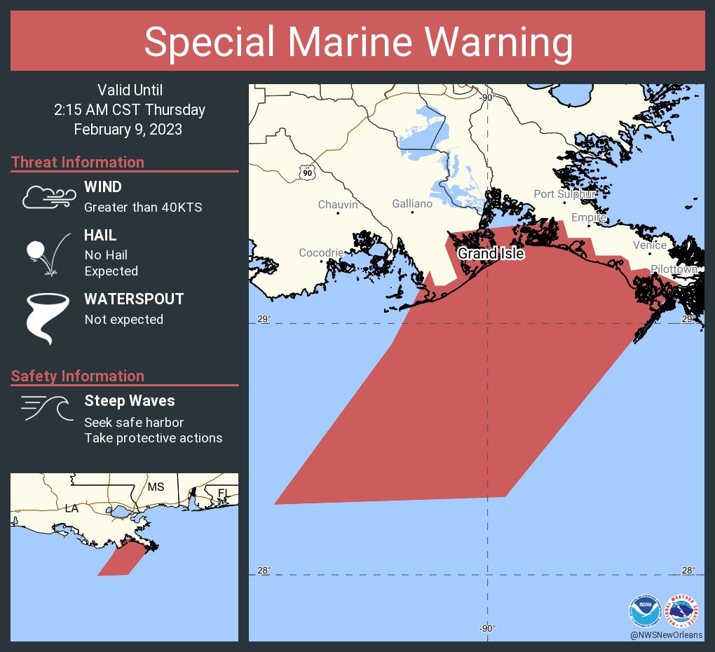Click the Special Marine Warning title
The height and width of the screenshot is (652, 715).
tap(357, 42)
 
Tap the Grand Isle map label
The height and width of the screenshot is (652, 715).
tap(491, 254)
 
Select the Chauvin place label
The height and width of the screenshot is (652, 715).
tap(338, 205)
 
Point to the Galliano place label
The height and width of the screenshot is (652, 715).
tap(412, 204)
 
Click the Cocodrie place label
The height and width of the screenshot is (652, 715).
tap(321, 252)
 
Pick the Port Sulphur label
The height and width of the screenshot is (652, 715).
tap(564, 194)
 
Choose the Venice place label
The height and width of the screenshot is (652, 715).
tap(649, 245)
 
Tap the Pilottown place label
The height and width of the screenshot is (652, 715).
tap(674, 269)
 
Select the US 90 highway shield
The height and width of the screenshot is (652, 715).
tap(306, 172)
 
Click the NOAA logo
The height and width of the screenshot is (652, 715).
tap(645, 611)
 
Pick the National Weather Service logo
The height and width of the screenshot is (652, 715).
tap(683, 611)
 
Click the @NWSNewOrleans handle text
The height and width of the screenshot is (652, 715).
tap(666, 634)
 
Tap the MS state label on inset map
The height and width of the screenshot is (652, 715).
tap(156, 487)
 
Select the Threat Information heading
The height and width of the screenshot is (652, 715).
tap(78, 163)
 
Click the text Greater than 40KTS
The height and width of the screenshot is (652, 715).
tap(143, 208)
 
